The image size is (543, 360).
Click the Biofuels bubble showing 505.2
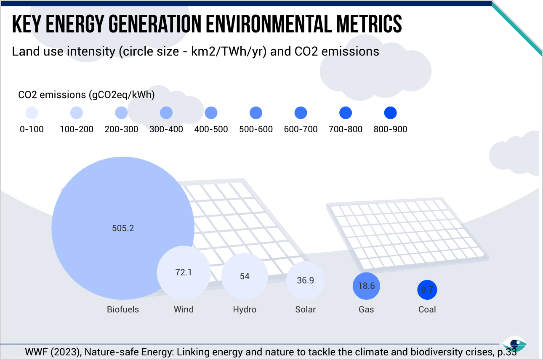[123, 228]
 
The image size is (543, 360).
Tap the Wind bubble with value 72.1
[184, 272]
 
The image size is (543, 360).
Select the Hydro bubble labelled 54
[245, 276]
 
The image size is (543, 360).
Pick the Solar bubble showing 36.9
[305, 280]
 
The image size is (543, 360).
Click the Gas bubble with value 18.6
[366, 286]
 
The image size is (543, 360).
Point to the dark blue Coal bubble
[427, 290]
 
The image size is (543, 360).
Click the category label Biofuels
[123, 309]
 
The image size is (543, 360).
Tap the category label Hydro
[245, 309]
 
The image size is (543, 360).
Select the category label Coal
[427, 309]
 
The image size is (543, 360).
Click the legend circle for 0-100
[32, 113]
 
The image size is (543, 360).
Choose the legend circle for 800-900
[390, 113]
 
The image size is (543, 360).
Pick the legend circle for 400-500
[211, 113]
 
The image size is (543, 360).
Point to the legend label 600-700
[301, 129]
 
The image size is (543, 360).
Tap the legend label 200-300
[121, 129]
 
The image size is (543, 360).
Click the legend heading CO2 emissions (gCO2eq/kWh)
[86, 95]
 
